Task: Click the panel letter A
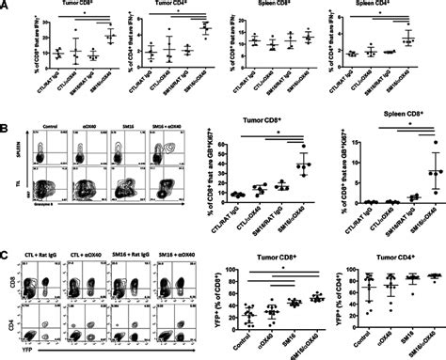6,6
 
